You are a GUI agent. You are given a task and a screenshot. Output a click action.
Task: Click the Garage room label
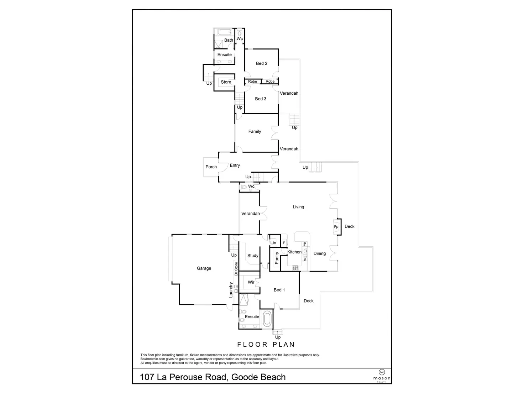click(x=204, y=268)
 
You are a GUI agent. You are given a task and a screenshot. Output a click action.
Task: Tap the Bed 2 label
click(x=262, y=63)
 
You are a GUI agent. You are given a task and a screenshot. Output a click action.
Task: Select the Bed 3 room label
click(x=261, y=99)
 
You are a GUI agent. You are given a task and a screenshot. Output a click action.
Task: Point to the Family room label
click(x=255, y=131)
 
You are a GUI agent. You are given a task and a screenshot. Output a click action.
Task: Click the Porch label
click(x=211, y=167)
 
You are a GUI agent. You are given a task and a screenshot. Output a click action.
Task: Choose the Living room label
click(x=298, y=207)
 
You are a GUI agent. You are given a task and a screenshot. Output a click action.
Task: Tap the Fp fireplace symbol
click(x=336, y=227)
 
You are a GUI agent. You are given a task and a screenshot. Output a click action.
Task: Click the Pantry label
click(x=277, y=258)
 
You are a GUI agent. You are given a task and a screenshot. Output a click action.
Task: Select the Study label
click(x=253, y=256)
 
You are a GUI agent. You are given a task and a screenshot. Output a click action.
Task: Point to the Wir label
click(x=251, y=282)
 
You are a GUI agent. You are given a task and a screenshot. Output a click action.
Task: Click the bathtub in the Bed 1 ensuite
click(x=267, y=319)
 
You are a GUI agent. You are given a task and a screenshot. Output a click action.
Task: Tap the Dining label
click(x=320, y=253)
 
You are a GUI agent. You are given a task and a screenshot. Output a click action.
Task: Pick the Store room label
click(x=226, y=82)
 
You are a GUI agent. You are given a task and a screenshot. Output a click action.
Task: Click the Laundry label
click(x=231, y=290)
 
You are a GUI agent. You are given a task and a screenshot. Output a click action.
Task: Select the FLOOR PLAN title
click(x=266, y=345)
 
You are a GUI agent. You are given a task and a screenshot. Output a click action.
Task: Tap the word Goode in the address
click(x=245, y=377)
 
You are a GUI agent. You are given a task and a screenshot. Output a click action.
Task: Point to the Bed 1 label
click(x=279, y=290)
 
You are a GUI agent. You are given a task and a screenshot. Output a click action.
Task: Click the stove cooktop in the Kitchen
click(x=295, y=268)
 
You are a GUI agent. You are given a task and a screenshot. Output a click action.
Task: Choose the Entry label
click(x=235, y=165)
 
